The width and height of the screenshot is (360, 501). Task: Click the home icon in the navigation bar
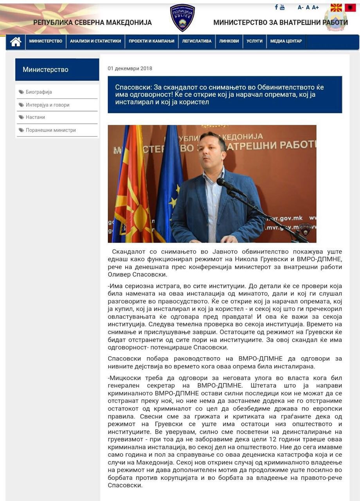click(x=16, y=41)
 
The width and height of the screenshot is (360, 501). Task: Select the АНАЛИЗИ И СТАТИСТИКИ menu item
click(x=95, y=41)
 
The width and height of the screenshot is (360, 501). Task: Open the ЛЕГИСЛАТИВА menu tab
click(x=196, y=41)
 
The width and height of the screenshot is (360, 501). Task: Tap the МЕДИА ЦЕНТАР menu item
click(x=286, y=41)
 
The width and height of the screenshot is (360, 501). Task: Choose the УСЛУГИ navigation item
click(x=254, y=41)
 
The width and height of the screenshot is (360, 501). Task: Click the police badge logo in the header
click(x=182, y=18)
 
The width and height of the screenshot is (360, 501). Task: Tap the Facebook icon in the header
click(x=276, y=7)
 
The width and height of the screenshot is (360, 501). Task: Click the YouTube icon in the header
click(x=282, y=7)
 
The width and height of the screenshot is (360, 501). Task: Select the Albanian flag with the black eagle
click(x=350, y=7)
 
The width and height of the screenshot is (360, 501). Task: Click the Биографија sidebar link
click(x=39, y=92)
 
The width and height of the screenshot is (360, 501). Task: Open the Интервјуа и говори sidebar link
click(x=47, y=105)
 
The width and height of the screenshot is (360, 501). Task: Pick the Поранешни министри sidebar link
click(x=50, y=130)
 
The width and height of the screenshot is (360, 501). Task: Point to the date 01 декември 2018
click(x=130, y=68)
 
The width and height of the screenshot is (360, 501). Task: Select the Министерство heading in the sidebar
click(x=45, y=70)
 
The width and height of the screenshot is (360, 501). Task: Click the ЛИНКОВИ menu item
click(x=229, y=41)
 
